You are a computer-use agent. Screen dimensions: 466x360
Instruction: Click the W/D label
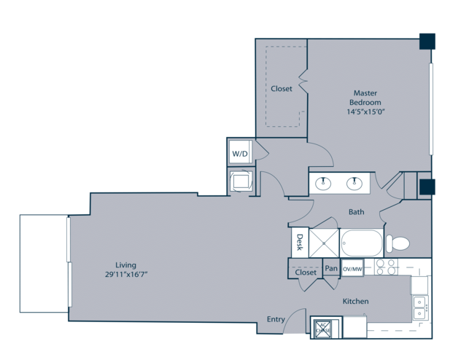pos(240,154)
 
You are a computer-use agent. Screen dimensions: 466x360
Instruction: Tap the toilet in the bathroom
pos(397,243)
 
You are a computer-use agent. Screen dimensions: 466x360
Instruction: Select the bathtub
pos(362,243)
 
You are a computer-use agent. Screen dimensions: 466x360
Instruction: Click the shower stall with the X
pos(324,243)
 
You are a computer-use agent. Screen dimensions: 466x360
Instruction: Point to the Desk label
pos(300,242)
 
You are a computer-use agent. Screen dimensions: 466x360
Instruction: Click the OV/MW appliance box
pos(352,269)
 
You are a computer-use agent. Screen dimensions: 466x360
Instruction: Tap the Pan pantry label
pos(331,268)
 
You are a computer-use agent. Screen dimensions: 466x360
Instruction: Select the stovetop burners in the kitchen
pos(386,267)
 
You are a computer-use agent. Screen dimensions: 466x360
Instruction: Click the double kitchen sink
pos(420,308)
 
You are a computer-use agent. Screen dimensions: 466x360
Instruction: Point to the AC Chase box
pos(323,329)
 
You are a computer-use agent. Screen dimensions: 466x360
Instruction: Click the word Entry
pos(276,319)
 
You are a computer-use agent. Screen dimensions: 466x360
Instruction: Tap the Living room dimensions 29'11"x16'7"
pos(126,274)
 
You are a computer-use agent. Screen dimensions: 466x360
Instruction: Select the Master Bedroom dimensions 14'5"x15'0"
pos(365,111)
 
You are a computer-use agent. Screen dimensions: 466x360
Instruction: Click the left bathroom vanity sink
pos(323,183)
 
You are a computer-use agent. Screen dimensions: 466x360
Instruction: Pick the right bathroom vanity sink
pos(354,183)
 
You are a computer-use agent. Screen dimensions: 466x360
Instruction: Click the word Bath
pos(356,212)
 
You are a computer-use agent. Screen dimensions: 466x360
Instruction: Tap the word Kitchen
pos(355,301)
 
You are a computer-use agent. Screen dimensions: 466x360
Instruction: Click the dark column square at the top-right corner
pos(427,42)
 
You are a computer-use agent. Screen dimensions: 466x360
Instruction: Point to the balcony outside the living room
pos(44,264)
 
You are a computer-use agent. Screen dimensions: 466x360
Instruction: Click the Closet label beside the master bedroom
pos(281,88)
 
